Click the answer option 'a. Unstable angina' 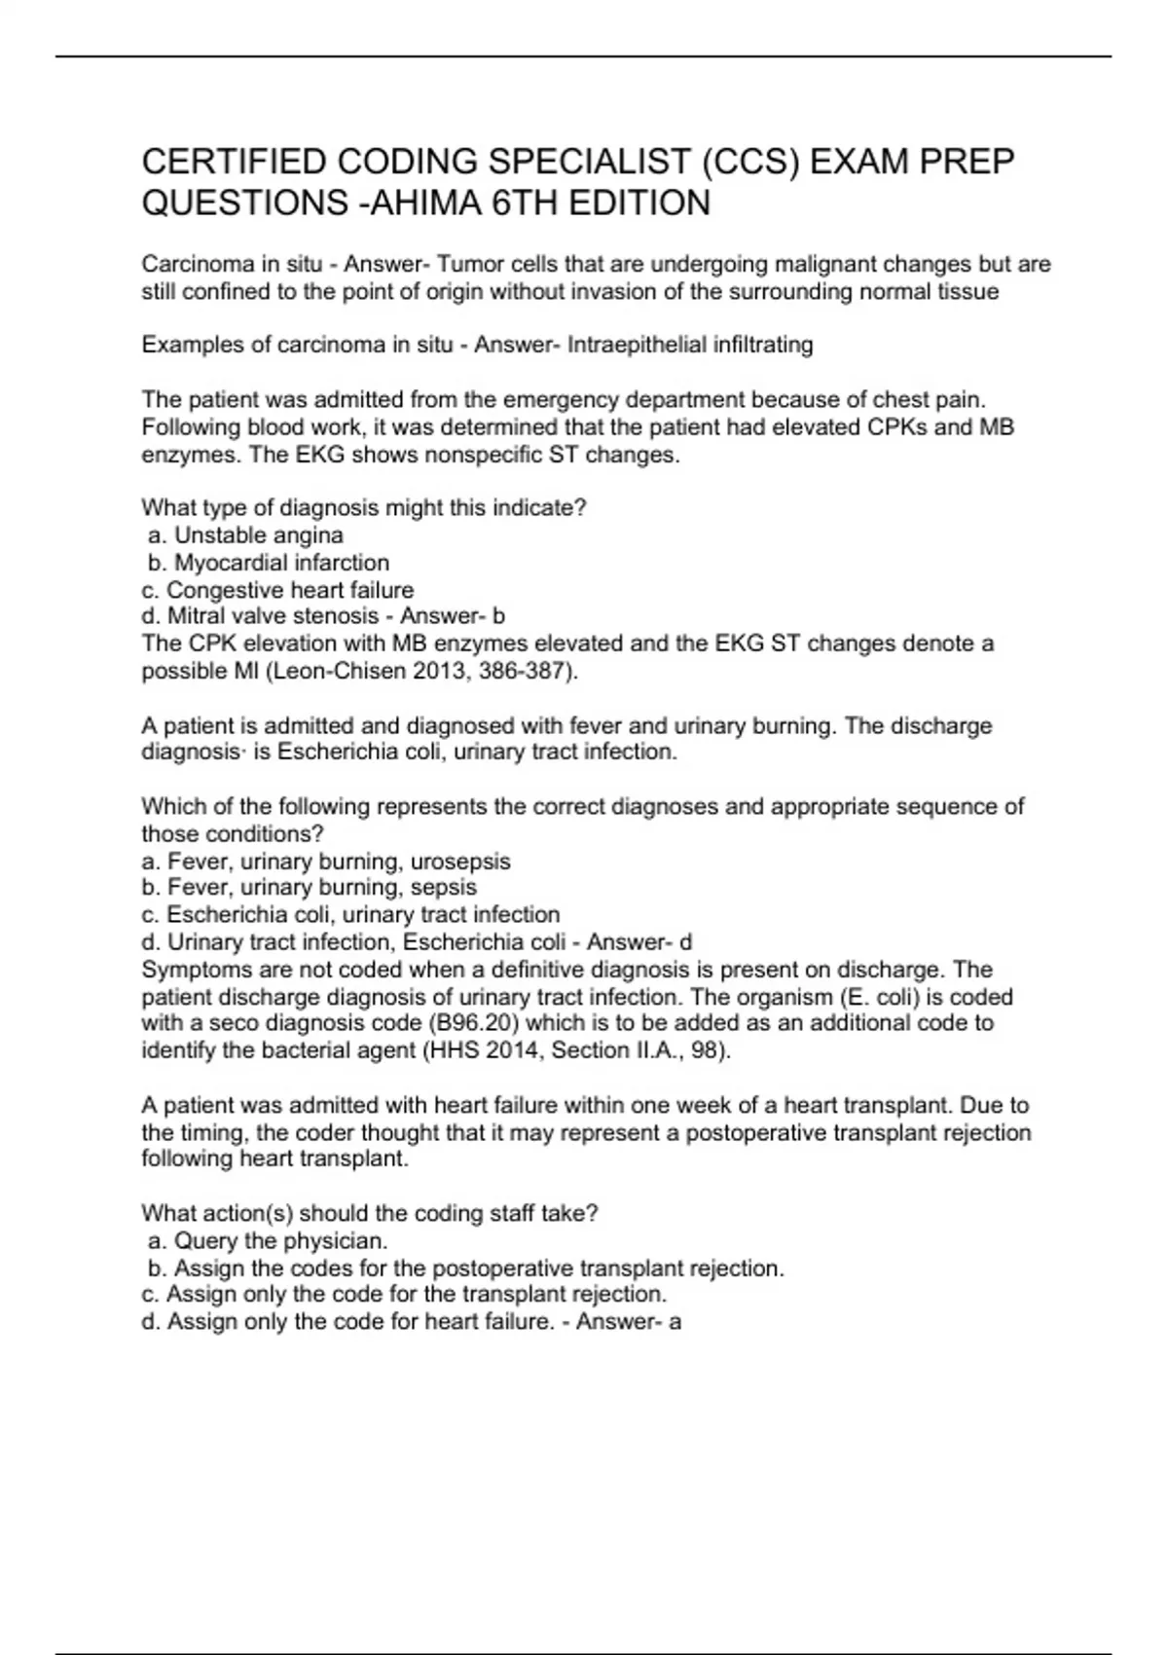point(246,535)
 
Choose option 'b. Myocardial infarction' point(269,563)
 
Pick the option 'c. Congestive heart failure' point(277,590)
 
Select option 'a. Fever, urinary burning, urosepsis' point(326,862)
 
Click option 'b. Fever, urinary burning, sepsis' point(309,888)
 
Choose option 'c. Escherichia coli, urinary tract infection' point(350,915)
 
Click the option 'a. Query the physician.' point(269,1241)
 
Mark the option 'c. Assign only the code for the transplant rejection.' point(404,1295)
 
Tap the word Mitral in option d point(195,616)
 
